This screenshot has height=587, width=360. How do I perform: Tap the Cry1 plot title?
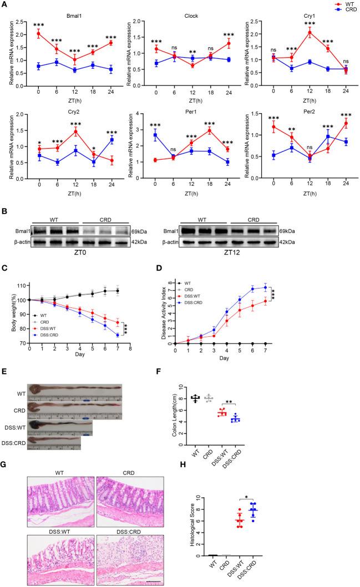296,17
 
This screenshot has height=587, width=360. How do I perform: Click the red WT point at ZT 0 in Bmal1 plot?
38,34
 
